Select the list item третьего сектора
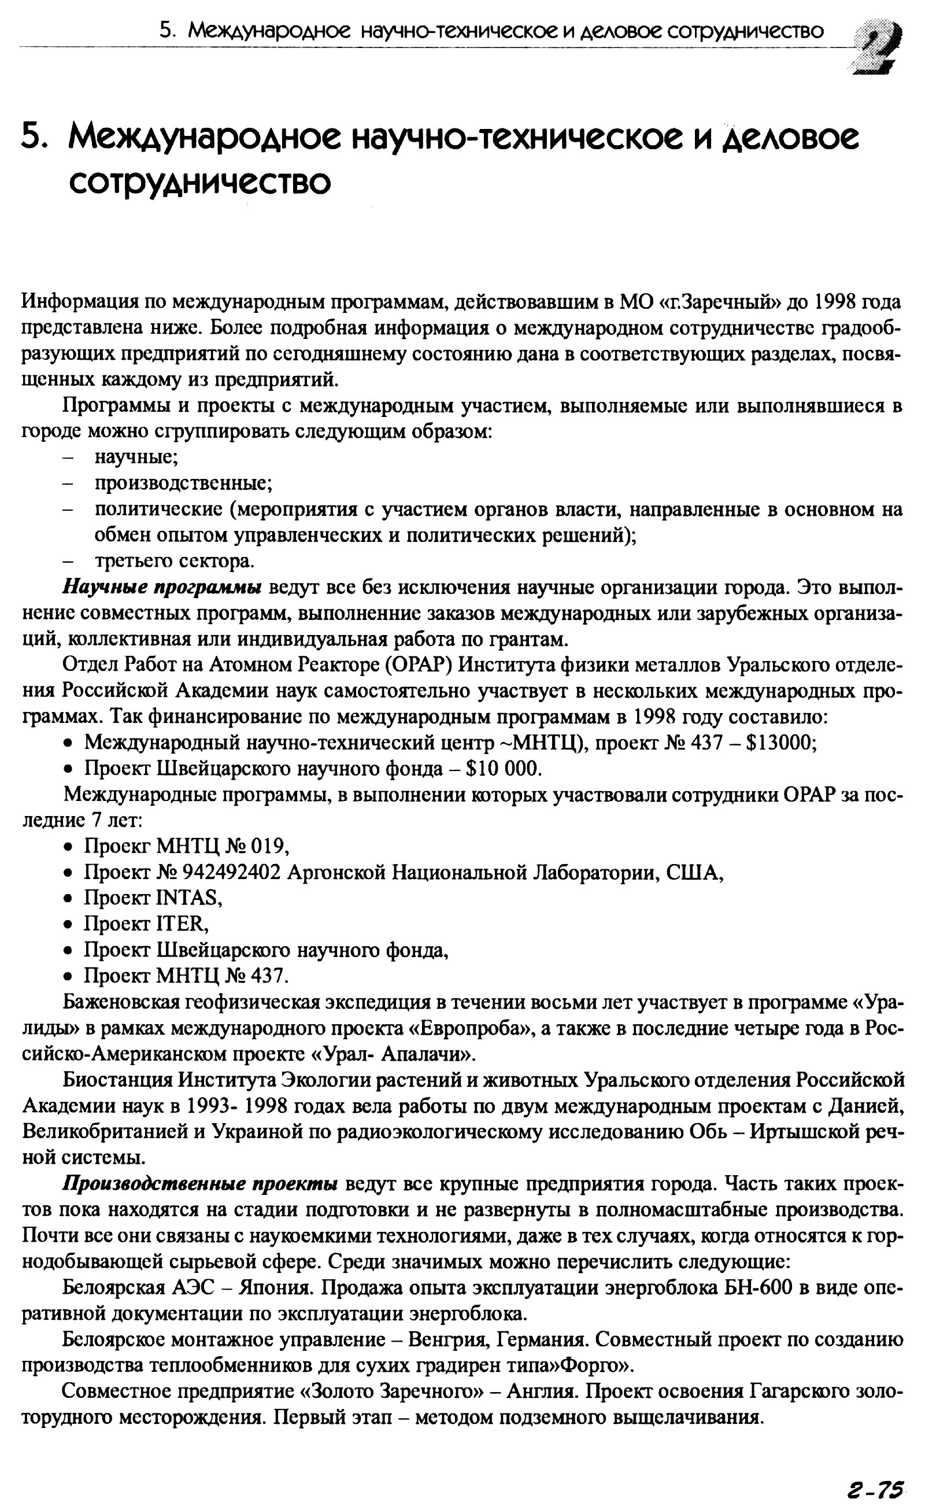point(174,560)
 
